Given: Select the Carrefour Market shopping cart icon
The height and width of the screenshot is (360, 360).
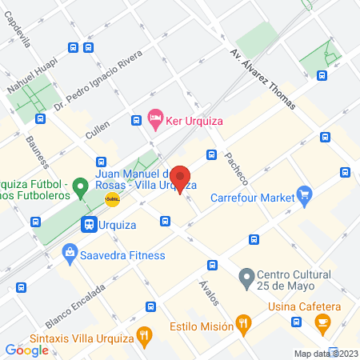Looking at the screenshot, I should click(x=303, y=194).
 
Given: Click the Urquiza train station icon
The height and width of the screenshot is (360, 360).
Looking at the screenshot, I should click(x=89, y=225).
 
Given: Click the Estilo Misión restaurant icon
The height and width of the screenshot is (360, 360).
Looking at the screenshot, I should click(x=244, y=325).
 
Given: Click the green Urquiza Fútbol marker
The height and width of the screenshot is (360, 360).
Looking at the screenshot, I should click(x=79, y=189).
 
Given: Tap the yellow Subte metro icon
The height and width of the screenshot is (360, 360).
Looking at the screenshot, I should click(x=112, y=201).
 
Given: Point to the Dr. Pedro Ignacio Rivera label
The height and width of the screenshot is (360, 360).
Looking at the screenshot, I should click(x=98, y=82).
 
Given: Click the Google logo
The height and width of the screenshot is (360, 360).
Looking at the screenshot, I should click(x=26, y=350).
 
